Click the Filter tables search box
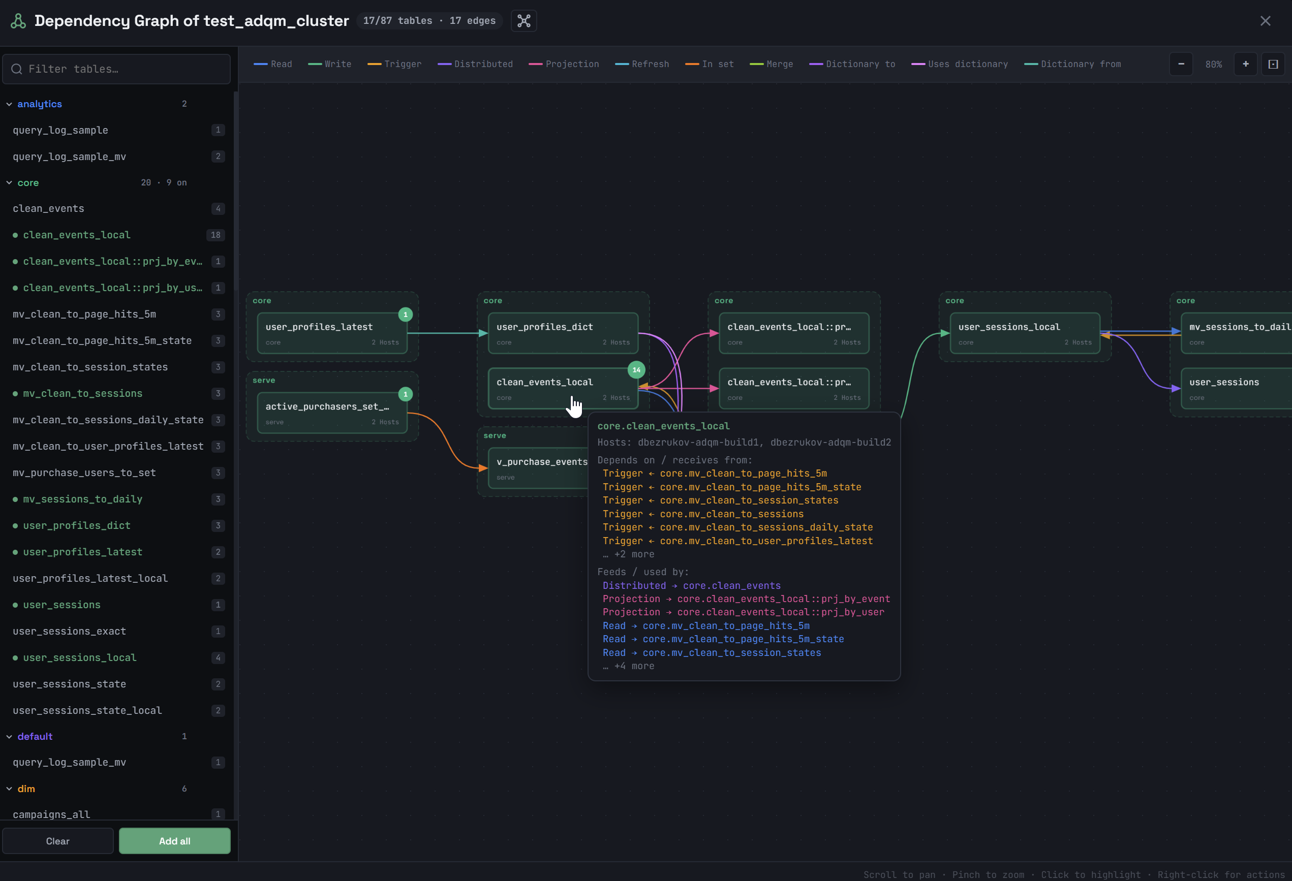click(x=116, y=69)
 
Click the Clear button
click(x=58, y=841)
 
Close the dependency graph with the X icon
click(x=1265, y=21)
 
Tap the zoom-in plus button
click(x=1245, y=64)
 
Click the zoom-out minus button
click(x=1181, y=64)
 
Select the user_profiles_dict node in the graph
click(x=563, y=333)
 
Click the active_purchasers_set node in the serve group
click(x=332, y=413)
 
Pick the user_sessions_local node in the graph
click(x=1025, y=333)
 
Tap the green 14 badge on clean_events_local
click(x=636, y=370)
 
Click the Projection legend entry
click(x=564, y=64)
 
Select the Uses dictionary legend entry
click(x=960, y=64)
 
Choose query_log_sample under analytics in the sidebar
click(x=60, y=130)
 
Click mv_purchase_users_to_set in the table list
click(x=84, y=473)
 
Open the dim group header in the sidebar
click(x=26, y=789)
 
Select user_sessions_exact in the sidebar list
click(x=70, y=631)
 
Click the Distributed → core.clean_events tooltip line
click(x=692, y=585)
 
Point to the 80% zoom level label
click(x=1214, y=65)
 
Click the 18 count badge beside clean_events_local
click(x=216, y=235)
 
